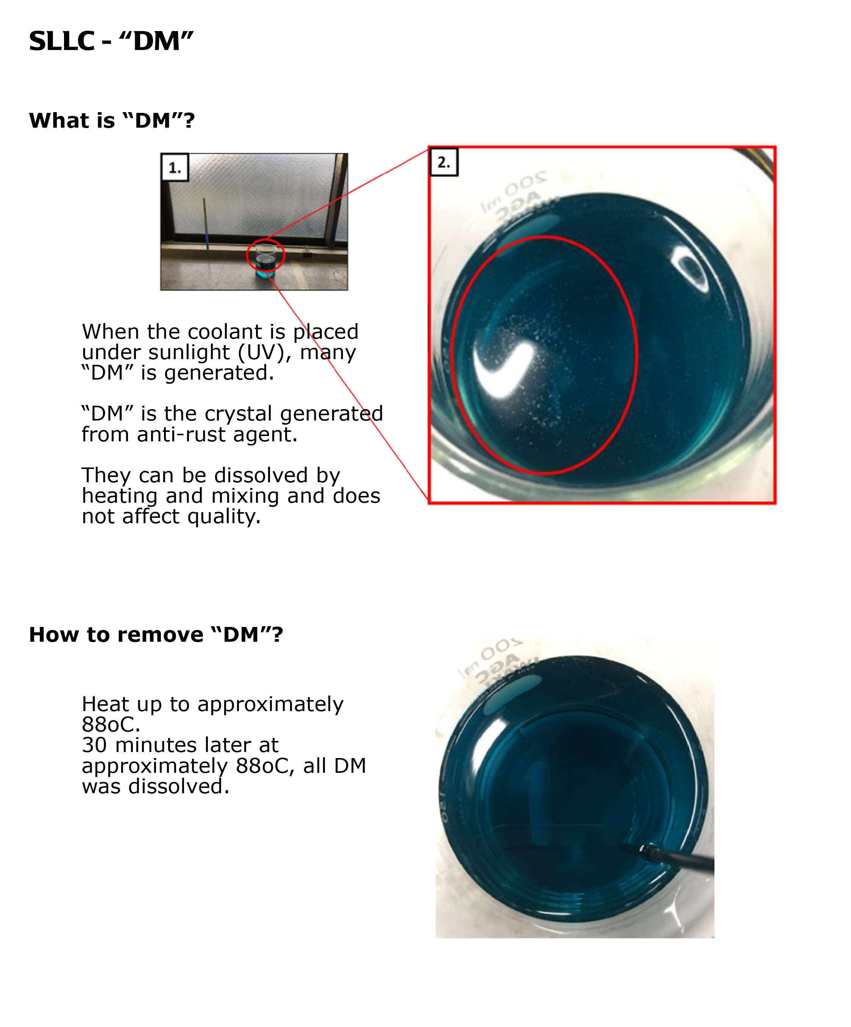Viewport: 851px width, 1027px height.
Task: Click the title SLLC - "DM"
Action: (111, 41)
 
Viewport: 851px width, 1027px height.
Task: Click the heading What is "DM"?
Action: (112, 120)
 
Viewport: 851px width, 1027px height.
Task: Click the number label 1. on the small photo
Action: (175, 168)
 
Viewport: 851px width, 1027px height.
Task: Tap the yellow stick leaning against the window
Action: (206, 222)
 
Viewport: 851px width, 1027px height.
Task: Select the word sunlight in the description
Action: (189, 352)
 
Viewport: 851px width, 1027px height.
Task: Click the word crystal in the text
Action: (239, 414)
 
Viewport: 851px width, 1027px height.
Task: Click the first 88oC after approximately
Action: (111, 724)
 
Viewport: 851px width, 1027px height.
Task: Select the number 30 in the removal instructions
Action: (94, 745)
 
